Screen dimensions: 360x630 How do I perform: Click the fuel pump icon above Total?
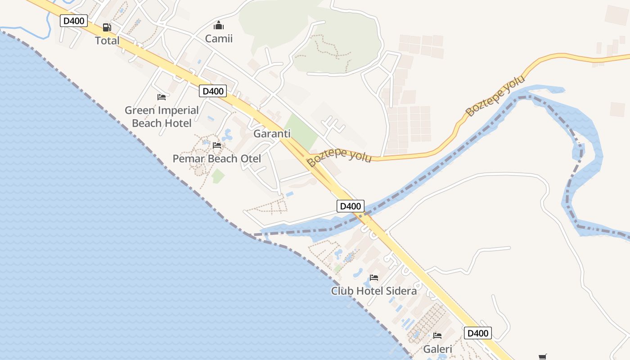tap(107, 27)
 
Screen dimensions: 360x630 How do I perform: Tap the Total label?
tap(107, 40)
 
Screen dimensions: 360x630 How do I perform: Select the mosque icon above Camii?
tap(219, 25)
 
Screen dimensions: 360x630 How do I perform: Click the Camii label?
tap(219, 38)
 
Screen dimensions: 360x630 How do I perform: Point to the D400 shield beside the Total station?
tap(74, 21)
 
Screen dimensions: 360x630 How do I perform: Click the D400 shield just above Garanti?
tap(213, 91)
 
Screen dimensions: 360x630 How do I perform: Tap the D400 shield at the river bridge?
tap(351, 206)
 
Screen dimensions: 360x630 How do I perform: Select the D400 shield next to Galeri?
tap(478, 333)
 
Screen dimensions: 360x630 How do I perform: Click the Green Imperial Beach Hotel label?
tap(162, 117)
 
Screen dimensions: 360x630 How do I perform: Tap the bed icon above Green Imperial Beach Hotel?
tap(162, 97)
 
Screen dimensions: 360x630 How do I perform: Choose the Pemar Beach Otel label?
tap(217, 158)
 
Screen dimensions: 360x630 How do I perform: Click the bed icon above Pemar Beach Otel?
tap(217, 145)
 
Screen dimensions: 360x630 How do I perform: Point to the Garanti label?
tap(272, 134)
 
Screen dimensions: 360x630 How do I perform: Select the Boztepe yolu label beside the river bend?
tap(495, 96)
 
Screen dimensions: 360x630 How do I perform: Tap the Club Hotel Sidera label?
tap(374, 291)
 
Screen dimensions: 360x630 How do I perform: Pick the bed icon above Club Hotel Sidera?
tap(374, 277)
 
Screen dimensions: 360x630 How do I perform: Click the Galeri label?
tap(437, 349)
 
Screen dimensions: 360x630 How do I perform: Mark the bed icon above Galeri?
tap(437, 335)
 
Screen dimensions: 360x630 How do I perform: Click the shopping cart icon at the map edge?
tap(543, 357)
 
